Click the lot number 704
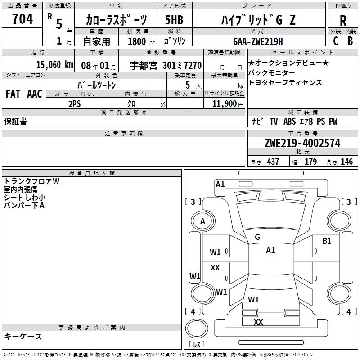point(22,19)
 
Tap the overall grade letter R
point(343,21)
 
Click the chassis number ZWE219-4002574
point(302,143)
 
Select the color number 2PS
point(74,103)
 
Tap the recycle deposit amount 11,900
point(224,103)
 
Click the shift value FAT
point(13,94)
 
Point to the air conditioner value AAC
point(34,94)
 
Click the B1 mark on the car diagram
point(327,241)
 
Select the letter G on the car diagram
point(257,237)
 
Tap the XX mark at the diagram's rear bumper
point(258,322)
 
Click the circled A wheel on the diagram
point(202,221)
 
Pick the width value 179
point(311,162)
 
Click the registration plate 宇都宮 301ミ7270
point(166,65)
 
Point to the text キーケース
point(23,336)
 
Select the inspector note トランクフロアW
point(31,181)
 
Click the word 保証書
point(15,121)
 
